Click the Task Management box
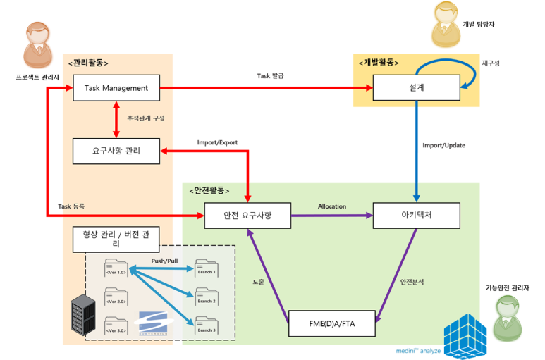click(x=116, y=89)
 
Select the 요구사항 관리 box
click(x=116, y=151)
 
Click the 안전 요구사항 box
click(x=247, y=215)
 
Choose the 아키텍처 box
click(x=416, y=215)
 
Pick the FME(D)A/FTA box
click(x=332, y=323)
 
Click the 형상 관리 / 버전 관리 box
click(x=116, y=238)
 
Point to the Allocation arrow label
click(x=331, y=206)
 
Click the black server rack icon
click(x=82, y=316)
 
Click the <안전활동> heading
click(x=209, y=190)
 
